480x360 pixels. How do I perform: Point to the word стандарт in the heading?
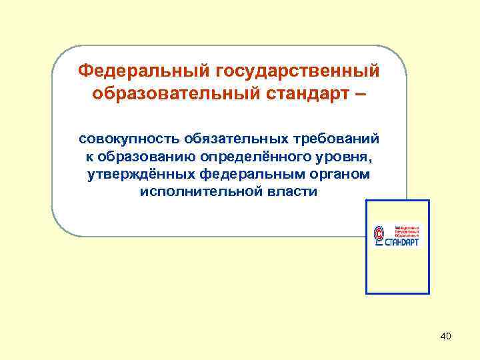(x=304, y=94)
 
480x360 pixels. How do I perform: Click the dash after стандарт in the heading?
(x=361, y=94)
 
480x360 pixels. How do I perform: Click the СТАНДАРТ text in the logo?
(x=403, y=243)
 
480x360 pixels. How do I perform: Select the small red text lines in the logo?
(x=407, y=230)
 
